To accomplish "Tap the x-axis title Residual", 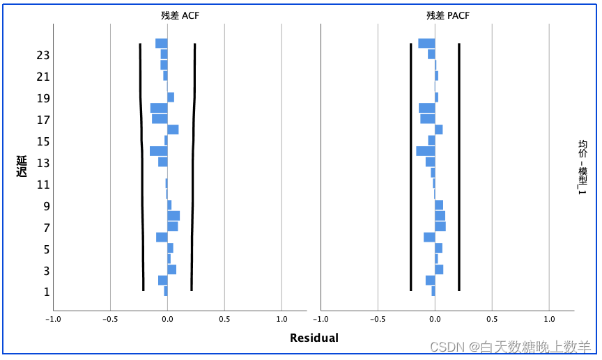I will tap(314, 338).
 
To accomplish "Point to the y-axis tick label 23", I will tap(43, 55).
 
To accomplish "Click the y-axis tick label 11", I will tap(43, 185).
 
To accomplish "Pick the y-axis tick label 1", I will tap(46, 292).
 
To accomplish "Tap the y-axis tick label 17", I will tap(43, 120).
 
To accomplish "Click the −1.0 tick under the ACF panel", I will tap(52, 320).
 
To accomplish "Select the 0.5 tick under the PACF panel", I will tap(492, 320).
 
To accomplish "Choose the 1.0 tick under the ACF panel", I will tap(281, 320).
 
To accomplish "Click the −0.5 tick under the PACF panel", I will tap(377, 320).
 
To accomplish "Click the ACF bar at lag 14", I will tap(159, 151).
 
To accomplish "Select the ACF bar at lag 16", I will tap(173, 130).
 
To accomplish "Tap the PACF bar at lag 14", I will tap(426, 151).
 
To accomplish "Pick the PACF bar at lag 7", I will tap(440, 226).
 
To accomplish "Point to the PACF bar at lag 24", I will tap(426, 43).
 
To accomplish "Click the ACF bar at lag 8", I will tap(173, 216).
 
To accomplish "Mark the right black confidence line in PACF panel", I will tap(458, 167).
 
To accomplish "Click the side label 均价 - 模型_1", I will tap(582, 167).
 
